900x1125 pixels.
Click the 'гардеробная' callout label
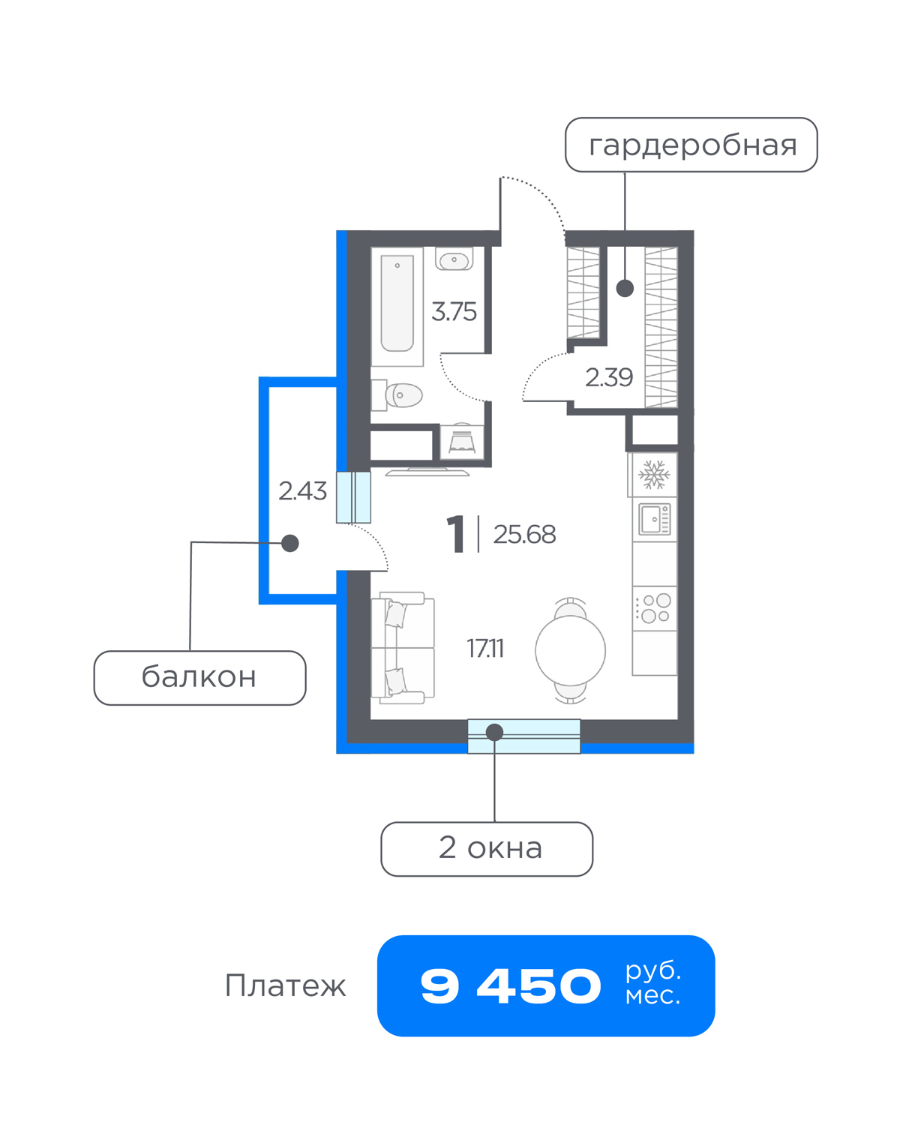691,145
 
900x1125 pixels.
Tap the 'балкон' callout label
199,677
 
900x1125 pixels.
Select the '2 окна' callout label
487,848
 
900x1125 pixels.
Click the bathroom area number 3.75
454,311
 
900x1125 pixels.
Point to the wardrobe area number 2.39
609,377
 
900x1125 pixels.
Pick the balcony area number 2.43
302,491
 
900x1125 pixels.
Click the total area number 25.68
524,534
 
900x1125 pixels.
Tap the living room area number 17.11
485,649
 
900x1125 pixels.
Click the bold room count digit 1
457,533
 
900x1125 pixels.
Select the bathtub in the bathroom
397,307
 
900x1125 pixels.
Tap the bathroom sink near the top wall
454,259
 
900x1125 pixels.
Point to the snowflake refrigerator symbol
654,475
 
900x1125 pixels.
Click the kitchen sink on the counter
654,519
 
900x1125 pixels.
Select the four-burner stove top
654,608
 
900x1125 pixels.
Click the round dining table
571,651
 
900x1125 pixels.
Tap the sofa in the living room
403,648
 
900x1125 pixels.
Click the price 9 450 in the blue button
511,986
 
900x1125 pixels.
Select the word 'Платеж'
286,986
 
